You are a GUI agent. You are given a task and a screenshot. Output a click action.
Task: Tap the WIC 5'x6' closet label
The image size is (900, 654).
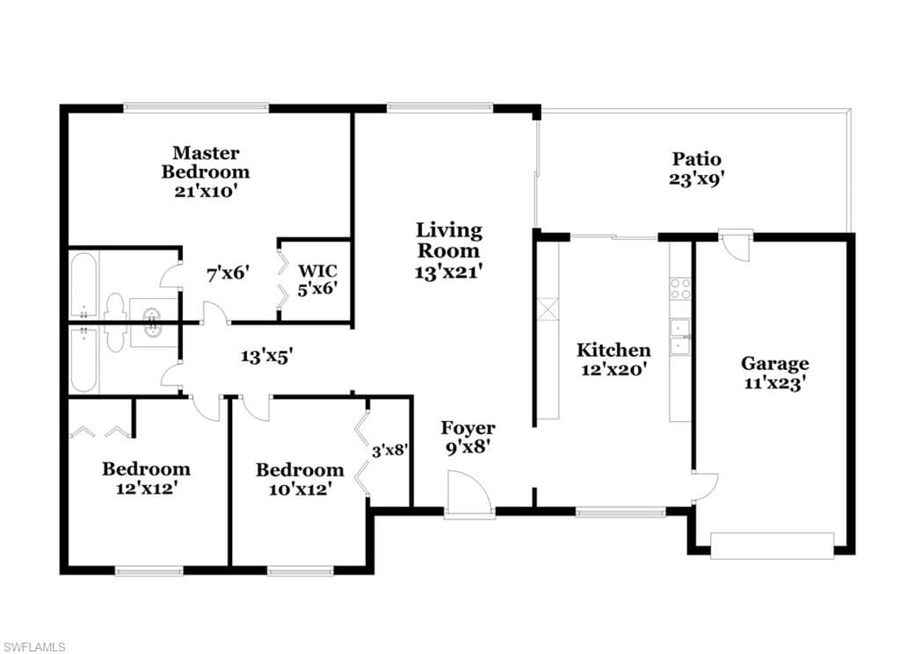[x=317, y=278]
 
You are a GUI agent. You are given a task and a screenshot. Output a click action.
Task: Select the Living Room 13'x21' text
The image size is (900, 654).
[x=449, y=251]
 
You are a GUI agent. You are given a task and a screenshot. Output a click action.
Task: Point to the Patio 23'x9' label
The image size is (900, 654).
[x=697, y=168]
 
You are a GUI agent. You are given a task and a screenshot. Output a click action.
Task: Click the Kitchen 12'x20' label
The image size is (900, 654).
[x=613, y=360]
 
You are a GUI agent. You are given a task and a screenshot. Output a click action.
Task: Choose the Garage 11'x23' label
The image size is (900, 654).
[x=774, y=373]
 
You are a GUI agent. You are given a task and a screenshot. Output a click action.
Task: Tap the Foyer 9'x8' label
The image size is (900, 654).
[x=468, y=437]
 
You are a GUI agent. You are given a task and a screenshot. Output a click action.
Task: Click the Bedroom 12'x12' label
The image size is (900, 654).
[x=146, y=477]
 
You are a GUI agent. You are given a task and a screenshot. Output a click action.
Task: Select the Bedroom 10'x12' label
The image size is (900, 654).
[x=300, y=479]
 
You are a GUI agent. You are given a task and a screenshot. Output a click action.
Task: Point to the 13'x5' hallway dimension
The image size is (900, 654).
[x=267, y=355]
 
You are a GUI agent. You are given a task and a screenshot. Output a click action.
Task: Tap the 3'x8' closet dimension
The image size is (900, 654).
[x=389, y=452]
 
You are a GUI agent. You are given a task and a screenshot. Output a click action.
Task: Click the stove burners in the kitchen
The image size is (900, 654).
[x=680, y=288]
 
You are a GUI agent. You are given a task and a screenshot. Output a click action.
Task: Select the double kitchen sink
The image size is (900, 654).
[x=680, y=337]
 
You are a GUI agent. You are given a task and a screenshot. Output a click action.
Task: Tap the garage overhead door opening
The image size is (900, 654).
[x=772, y=546]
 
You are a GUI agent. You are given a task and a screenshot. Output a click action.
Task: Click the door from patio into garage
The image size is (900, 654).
[x=736, y=243]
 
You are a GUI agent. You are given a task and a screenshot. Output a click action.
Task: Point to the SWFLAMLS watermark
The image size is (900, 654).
[x=33, y=647]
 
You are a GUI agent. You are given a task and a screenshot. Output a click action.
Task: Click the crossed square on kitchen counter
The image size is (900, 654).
[x=548, y=309]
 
